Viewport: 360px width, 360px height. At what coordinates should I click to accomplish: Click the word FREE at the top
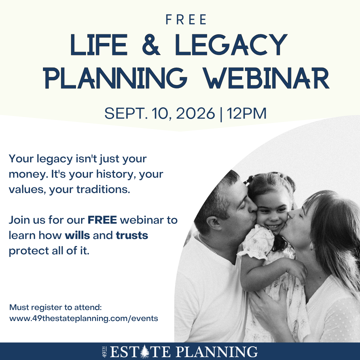186,20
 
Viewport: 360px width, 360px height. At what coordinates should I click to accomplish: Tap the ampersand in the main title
151,45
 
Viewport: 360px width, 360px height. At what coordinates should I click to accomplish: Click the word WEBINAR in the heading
267,78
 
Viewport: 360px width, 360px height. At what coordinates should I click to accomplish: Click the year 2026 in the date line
195,113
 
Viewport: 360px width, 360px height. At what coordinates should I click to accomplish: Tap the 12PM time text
247,113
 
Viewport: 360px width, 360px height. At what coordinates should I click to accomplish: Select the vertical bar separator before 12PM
221,114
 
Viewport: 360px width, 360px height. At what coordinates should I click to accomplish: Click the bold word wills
77,235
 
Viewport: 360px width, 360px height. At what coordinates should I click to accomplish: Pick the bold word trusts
132,236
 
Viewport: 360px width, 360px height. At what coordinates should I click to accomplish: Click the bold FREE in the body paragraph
102,220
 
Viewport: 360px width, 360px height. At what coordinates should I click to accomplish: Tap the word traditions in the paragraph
103,190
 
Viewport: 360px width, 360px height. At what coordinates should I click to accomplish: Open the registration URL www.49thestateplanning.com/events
84,318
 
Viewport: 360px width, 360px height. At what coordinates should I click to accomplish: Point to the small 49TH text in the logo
104,352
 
